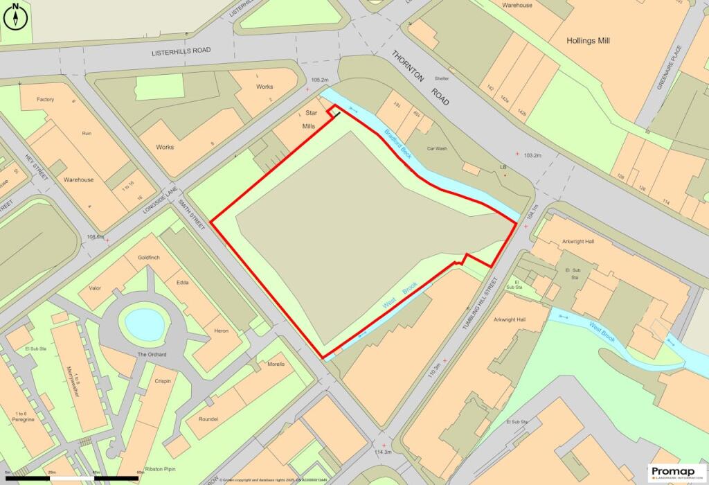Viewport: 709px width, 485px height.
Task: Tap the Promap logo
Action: pyautogui.click(x=676, y=471)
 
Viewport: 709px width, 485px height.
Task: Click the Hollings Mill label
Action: pyautogui.click(x=588, y=41)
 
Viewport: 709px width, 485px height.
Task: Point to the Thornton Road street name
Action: pyautogui.click(x=421, y=78)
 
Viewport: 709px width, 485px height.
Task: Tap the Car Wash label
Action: pyautogui.click(x=438, y=149)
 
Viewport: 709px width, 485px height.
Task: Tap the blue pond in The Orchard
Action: pyautogui.click(x=145, y=323)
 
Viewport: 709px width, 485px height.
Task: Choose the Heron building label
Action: pyautogui.click(x=222, y=331)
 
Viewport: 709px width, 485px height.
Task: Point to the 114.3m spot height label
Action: pyautogui.click(x=383, y=452)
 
